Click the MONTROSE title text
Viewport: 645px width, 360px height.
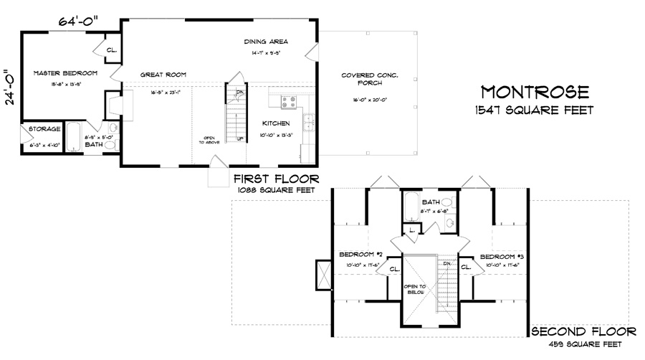pos(535,93)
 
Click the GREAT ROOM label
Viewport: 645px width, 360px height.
pos(163,74)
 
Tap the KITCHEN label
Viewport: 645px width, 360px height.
pos(275,123)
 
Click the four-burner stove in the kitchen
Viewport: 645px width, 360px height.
pos(289,102)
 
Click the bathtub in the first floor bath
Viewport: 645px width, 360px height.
pos(75,138)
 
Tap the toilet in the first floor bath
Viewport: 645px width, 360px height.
pos(111,145)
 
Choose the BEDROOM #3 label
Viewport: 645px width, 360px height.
pos(504,256)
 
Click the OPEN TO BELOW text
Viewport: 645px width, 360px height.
pos(416,289)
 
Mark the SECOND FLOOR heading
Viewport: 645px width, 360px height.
pos(582,331)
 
